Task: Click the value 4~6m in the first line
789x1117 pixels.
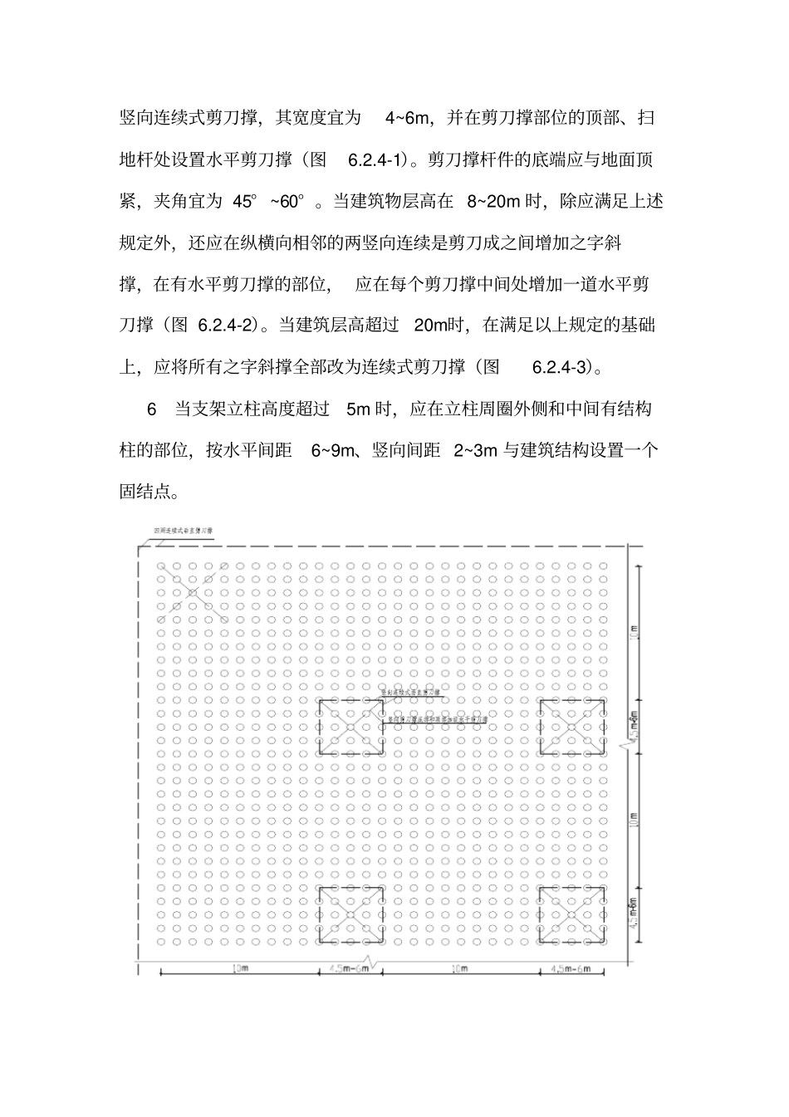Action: click(407, 118)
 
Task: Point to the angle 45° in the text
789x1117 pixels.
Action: click(245, 201)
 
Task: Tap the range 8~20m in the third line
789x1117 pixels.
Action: click(493, 201)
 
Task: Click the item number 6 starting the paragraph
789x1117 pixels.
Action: click(152, 409)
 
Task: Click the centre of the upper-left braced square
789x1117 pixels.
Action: click(350, 727)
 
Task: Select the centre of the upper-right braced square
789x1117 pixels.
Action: click(571, 727)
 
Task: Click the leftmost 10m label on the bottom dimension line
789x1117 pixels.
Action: click(239, 969)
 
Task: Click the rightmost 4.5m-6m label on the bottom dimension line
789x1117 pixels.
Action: click(570, 969)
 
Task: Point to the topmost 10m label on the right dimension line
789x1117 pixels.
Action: click(635, 632)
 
